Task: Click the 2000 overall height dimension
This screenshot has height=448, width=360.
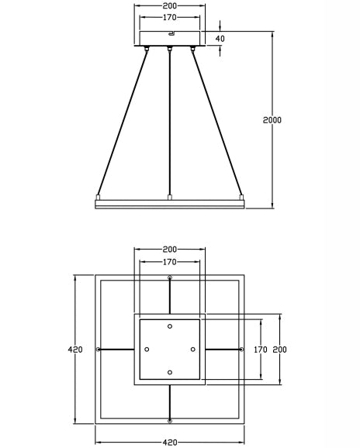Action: click(x=272, y=120)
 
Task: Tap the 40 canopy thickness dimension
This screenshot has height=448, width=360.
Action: click(x=220, y=39)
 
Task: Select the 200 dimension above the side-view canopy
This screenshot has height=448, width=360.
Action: click(x=169, y=5)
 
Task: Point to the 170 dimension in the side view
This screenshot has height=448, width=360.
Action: click(x=169, y=17)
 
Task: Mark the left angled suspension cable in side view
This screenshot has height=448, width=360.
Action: click(x=120, y=124)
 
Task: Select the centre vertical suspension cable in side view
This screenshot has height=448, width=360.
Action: click(x=170, y=124)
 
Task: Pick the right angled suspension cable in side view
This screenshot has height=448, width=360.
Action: click(x=219, y=124)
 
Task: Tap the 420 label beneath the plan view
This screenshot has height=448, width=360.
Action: click(x=170, y=443)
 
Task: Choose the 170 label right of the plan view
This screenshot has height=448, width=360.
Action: click(x=261, y=350)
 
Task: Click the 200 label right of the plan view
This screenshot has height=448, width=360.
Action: click(x=280, y=350)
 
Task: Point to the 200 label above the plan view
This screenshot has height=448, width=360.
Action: click(x=169, y=250)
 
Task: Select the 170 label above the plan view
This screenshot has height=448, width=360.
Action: click(x=169, y=261)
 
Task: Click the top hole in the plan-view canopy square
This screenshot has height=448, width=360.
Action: click(x=170, y=326)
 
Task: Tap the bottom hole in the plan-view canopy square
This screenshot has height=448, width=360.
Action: click(x=170, y=373)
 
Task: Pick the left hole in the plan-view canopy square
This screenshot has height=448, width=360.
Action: click(x=147, y=350)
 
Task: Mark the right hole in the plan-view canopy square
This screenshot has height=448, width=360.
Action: click(x=193, y=350)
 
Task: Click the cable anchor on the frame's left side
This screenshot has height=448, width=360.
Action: click(x=98, y=350)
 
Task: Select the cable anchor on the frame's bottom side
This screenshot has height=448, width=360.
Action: click(x=170, y=421)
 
